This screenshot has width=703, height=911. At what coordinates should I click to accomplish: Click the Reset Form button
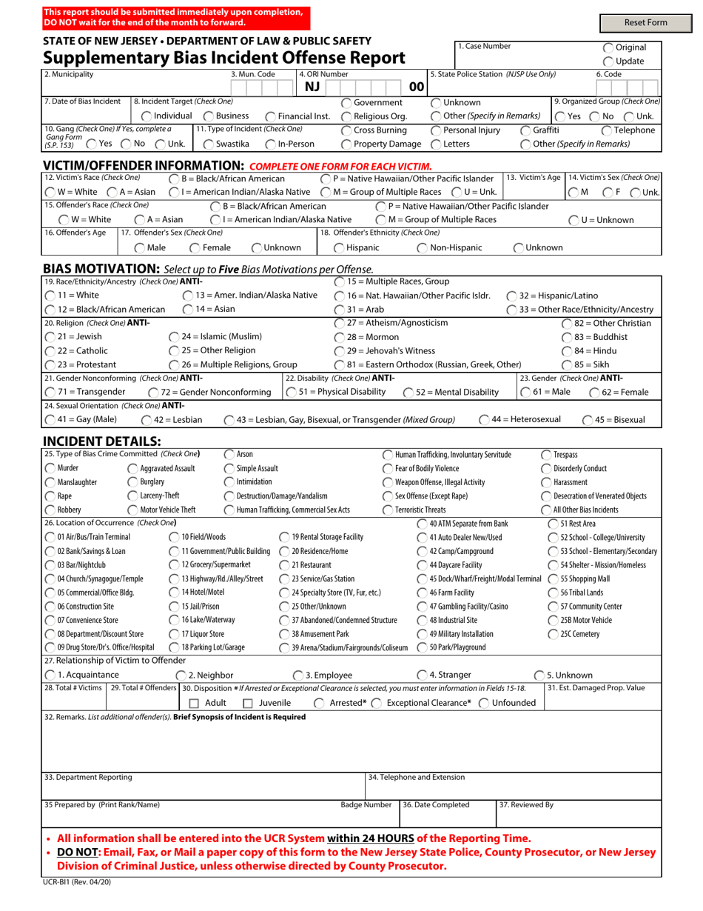pyautogui.click(x=645, y=23)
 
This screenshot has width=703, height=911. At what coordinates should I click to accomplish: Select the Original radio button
pyautogui.click(x=608, y=47)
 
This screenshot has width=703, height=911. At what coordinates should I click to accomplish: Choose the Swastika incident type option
pyautogui.click(x=209, y=144)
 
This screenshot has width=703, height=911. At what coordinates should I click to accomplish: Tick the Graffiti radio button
pyautogui.click(x=525, y=130)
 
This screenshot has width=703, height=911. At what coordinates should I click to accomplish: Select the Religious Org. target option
pyautogui.click(x=346, y=116)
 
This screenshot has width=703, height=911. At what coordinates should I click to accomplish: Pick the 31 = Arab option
pyautogui.click(x=339, y=309)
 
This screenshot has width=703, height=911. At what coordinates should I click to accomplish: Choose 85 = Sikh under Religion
pyautogui.click(x=567, y=364)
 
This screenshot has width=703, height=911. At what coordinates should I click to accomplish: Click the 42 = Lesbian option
pyautogui.click(x=147, y=420)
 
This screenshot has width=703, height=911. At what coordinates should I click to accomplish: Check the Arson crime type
pyautogui.click(x=229, y=454)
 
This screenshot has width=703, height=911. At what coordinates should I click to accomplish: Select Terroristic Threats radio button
pyautogui.click(x=388, y=510)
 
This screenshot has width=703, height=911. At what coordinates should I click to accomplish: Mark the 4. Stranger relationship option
pyautogui.click(x=422, y=675)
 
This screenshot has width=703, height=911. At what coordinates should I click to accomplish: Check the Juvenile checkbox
pyautogui.click(x=249, y=703)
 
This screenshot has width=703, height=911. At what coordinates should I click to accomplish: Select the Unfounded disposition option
pyautogui.click(x=484, y=703)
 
